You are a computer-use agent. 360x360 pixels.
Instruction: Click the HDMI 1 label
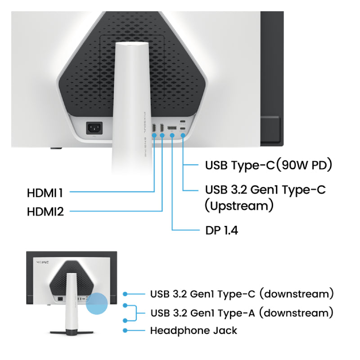45,193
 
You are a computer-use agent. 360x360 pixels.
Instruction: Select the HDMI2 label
45,211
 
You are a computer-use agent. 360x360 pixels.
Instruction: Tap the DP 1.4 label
221,230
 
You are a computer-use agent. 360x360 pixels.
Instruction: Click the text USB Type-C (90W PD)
268,165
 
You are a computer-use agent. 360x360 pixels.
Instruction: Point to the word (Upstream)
239,206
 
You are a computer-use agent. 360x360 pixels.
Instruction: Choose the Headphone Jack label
193,331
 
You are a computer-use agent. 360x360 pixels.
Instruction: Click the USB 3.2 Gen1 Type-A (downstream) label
242,313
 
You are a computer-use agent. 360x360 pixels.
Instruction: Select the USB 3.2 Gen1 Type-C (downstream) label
242,294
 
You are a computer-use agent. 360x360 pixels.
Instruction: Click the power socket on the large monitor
94,128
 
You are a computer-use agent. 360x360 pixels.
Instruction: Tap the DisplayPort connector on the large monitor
172,128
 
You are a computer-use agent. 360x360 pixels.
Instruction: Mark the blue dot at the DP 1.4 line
172,136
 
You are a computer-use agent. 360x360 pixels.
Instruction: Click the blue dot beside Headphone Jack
125,331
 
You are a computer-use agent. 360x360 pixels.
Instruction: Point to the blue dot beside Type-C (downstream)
125,294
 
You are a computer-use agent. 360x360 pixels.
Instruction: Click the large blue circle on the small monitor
97,303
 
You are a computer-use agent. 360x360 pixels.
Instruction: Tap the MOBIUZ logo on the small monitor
42,262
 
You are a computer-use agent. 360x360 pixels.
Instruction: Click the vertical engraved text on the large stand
145,135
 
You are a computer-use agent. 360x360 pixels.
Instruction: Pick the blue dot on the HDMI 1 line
154,135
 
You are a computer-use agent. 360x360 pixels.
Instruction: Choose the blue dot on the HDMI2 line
162,135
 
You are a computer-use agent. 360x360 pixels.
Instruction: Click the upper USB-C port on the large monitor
183,121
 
